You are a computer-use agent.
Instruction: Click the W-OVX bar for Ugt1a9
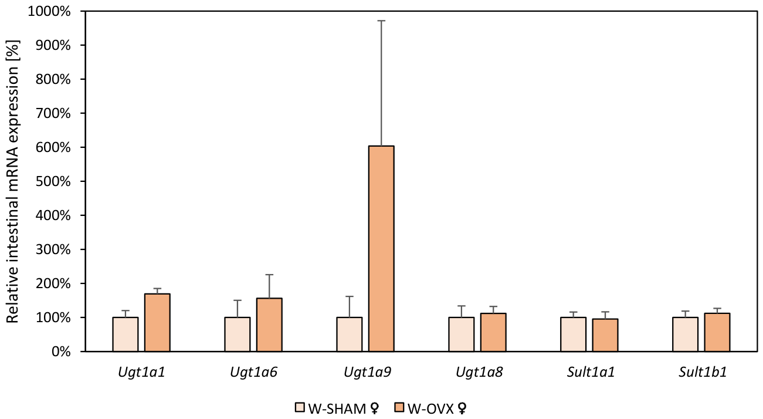click(x=381, y=249)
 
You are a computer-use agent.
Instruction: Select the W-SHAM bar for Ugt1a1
click(x=126, y=334)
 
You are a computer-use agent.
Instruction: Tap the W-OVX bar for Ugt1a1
click(x=157, y=323)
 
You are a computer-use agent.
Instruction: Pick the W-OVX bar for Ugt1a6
click(x=269, y=325)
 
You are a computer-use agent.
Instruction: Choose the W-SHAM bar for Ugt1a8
click(x=462, y=334)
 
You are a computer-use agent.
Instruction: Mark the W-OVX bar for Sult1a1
click(x=605, y=335)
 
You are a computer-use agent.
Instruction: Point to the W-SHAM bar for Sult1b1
click(x=686, y=334)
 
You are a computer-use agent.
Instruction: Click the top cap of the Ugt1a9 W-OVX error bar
click(x=381, y=21)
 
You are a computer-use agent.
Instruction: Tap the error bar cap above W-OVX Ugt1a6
click(x=269, y=275)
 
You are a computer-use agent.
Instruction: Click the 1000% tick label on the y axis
click(x=49, y=12)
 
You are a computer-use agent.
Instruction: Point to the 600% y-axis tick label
click(x=53, y=147)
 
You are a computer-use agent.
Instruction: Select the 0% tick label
click(x=61, y=352)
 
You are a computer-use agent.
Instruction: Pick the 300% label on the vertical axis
click(x=53, y=249)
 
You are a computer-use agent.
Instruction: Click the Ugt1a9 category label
click(x=368, y=372)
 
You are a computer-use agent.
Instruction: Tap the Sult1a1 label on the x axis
click(x=591, y=372)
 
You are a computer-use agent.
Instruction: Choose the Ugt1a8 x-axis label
click(x=479, y=372)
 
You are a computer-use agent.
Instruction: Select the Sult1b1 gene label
click(x=703, y=372)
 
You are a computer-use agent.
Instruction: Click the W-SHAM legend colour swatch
click(x=300, y=407)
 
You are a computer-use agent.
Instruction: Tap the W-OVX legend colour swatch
click(x=399, y=407)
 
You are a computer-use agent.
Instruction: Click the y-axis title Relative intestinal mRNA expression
click(x=12, y=181)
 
